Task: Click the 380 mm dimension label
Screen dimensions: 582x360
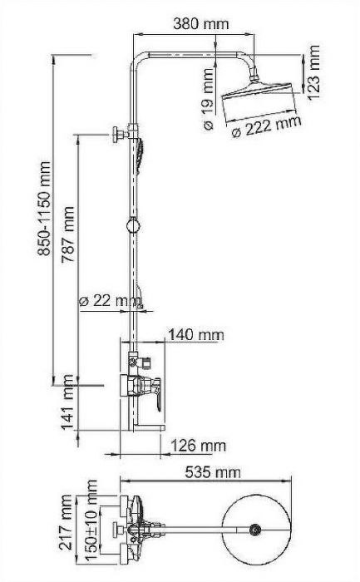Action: (197, 24)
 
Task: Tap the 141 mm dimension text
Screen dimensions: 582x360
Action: (69, 407)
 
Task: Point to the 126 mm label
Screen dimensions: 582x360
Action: (198, 446)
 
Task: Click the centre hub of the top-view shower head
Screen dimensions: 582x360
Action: (256, 527)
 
